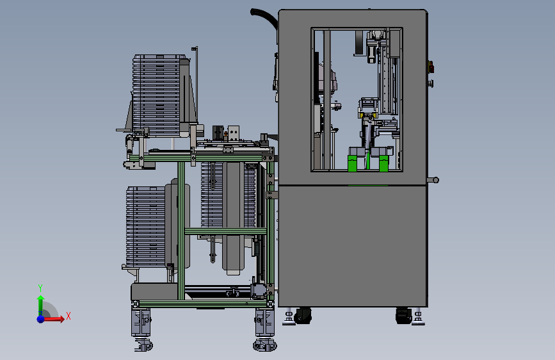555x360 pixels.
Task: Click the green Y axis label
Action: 40,288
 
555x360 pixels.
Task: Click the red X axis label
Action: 68,316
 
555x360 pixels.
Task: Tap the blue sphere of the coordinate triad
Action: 41,319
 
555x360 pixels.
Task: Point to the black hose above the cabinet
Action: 264,17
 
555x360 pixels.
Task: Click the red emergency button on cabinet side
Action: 431,67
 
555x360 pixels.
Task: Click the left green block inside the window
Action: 352,163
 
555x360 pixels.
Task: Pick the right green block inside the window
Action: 383,163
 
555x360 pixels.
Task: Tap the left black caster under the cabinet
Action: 303,315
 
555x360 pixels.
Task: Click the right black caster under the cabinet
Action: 403,315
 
